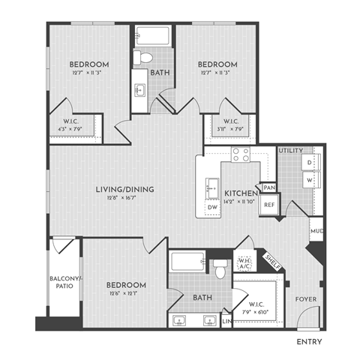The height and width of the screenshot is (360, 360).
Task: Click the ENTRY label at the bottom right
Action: pyautogui.click(x=309, y=342)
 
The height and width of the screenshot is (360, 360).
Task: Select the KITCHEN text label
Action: pyautogui.click(x=236, y=192)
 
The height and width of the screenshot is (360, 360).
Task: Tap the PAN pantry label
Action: pyautogui.click(x=268, y=187)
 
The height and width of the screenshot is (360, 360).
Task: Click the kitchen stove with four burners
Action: pyautogui.click(x=241, y=155)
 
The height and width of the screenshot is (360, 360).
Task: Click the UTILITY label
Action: pyautogui.click(x=291, y=151)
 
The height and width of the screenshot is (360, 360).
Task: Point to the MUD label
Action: pyautogui.click(x=316, y=231)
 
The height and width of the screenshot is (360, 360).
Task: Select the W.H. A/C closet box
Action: pyautogui.click(x=244, y=263)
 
